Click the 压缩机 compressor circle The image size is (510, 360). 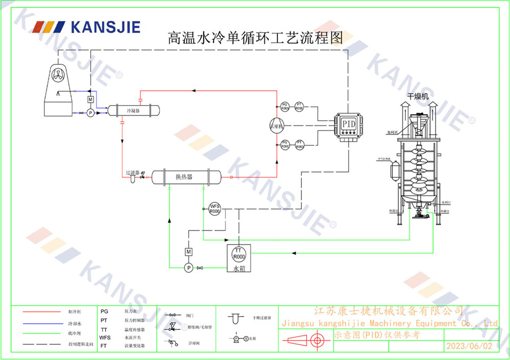[x=276, y=126]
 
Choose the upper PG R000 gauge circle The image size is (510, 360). [x=285, y=107]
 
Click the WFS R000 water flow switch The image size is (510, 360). [x=215, y=209]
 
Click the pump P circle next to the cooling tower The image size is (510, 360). [x=90, y=113]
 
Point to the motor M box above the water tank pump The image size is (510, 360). [x=188, y=252]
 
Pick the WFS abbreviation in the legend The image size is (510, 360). [x=105, y=338]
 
